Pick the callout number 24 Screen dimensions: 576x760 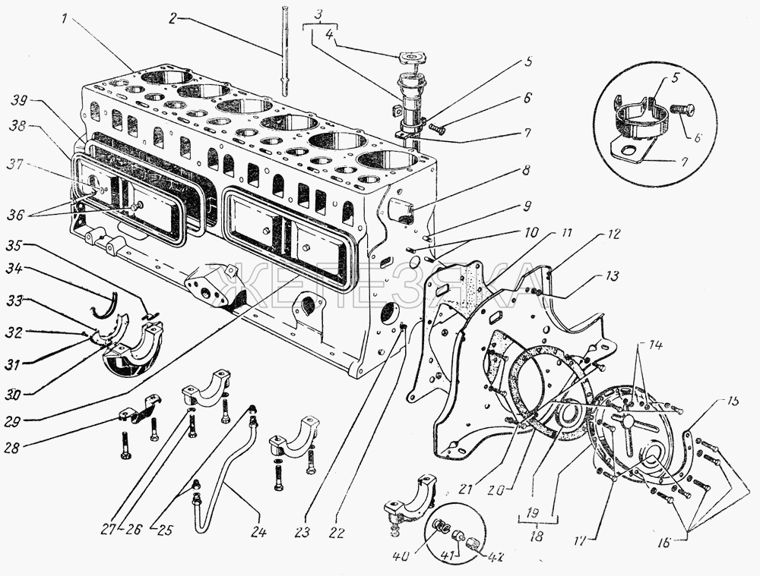tap(258, 531)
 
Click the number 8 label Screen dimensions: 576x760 tap(527, 171)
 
